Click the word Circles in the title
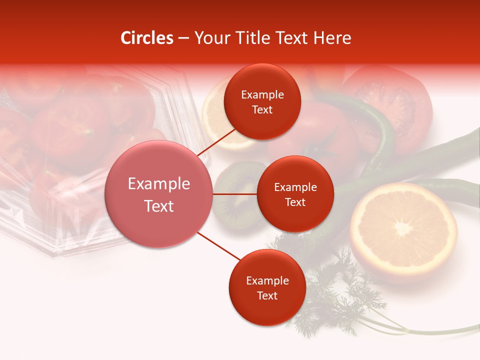146,38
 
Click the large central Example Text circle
159,194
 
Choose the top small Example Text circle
262,101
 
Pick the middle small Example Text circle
295,194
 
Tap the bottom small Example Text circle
267,287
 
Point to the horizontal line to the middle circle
234,194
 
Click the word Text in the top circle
262,109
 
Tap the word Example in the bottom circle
267,280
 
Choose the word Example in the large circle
159,184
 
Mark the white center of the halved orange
403,228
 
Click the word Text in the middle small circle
295,202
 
